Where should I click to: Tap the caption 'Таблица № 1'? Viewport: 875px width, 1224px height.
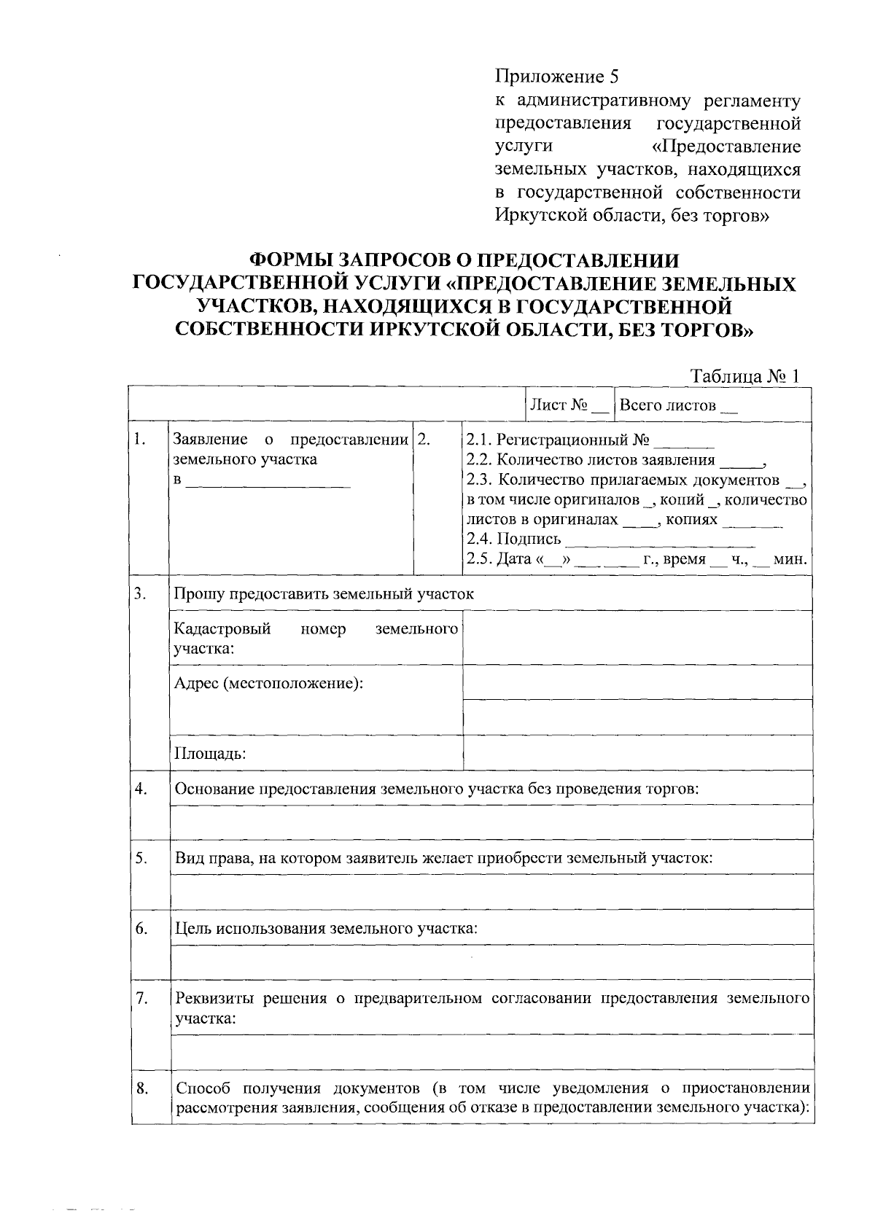[745, 375]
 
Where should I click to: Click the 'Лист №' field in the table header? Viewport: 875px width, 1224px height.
[569, 405]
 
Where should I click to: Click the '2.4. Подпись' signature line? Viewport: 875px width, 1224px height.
[660, 539]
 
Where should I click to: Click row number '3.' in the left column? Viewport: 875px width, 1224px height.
[141, 593]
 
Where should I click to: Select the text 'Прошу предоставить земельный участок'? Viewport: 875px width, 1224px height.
[324, 593]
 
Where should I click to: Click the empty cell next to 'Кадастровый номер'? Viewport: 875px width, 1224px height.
[637, 638]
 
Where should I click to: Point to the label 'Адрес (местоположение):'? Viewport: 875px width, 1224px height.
[269, 683]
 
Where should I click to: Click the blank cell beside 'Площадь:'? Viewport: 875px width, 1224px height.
[637, 752]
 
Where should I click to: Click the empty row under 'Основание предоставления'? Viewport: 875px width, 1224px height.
[491, 822]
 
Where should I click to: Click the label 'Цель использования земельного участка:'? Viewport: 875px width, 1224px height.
[327, 928]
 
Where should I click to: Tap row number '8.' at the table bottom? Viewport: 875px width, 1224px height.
[142, 1089]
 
